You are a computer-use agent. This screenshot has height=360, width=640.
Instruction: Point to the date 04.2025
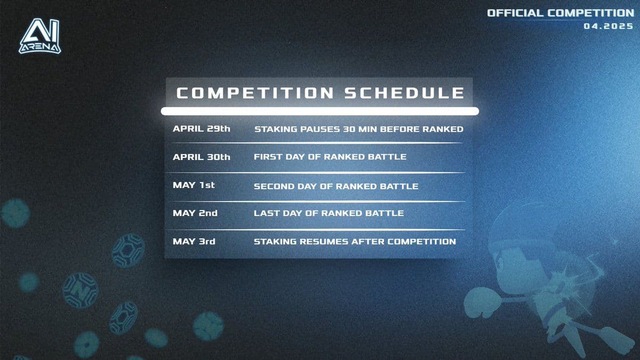pyautogui.click(x=609, y=25)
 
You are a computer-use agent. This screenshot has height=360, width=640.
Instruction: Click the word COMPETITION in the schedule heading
pyautogui.click(x=255, y=93)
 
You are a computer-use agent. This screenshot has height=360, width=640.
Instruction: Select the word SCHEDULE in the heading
pyautogui.click(x=404, y=93)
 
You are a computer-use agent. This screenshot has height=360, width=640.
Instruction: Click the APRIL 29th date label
pyautogui.click(x=201, y=129)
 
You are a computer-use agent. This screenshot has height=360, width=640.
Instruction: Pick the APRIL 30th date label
pyautogui.click(x=201, y=157)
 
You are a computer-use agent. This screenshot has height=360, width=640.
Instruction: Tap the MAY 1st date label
pyautogui.click(x=194, y=186)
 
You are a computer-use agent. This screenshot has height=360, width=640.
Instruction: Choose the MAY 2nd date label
pyautogui.click(x=195, y=213)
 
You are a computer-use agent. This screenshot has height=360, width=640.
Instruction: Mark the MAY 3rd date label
pyautogui.click(x=194, y=242)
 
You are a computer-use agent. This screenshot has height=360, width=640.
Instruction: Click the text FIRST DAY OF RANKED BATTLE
pyautogui.click(x=330, y=157)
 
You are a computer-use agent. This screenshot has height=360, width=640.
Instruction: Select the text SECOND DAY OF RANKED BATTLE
pyautogui.click(x=335, y=186)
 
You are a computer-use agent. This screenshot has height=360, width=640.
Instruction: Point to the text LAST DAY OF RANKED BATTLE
pyautogui.click(x=329, y=213)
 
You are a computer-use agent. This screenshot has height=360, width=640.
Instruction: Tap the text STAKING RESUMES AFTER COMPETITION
pyautogui.click(x=355, y=242)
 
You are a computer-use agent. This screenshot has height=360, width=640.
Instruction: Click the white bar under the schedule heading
pyautogui.click(x=320, y=111)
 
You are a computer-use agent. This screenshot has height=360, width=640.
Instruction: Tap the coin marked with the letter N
pyautogui.click(x=80, y=291)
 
